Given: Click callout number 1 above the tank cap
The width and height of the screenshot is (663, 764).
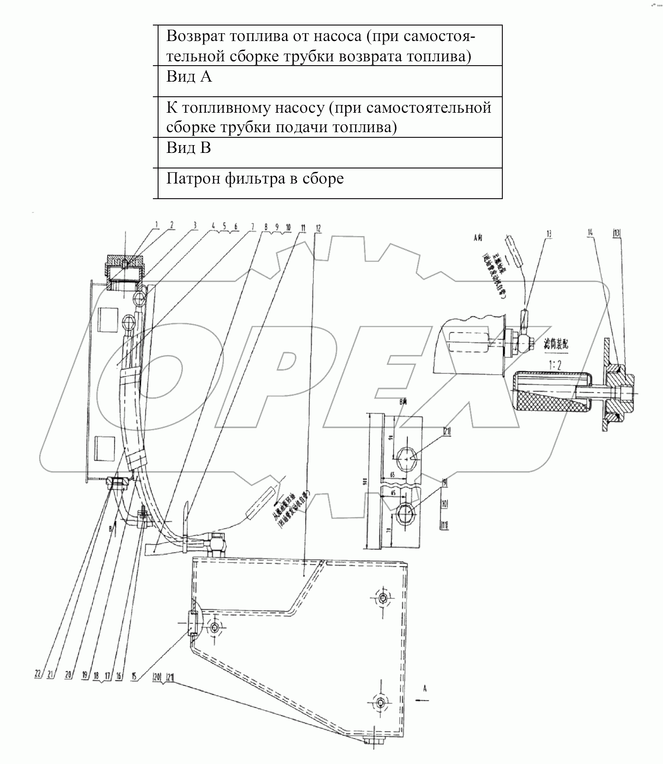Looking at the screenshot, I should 157,225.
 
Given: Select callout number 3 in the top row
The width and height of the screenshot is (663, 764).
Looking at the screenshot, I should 195,225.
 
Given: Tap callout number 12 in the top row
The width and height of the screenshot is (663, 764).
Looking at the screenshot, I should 319,228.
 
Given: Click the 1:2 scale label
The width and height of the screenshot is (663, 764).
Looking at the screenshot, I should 555,365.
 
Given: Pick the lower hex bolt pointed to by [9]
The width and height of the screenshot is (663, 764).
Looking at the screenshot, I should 406,514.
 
